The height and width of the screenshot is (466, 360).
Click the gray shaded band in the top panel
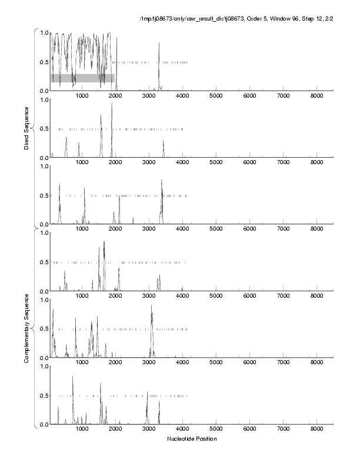82,78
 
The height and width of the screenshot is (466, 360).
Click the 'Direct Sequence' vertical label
27,129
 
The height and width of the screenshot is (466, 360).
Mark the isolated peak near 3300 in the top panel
159,44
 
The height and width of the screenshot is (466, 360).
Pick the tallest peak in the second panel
112,104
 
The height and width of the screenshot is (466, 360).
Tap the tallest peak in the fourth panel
104,242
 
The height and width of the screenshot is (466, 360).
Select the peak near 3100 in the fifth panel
152,307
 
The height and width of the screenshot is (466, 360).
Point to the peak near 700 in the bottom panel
72,378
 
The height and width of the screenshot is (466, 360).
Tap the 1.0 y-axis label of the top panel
43,32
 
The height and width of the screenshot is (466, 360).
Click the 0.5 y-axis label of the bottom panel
43,395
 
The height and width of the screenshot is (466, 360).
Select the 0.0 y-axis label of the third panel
43,224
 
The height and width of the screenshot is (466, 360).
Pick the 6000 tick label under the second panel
250,162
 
